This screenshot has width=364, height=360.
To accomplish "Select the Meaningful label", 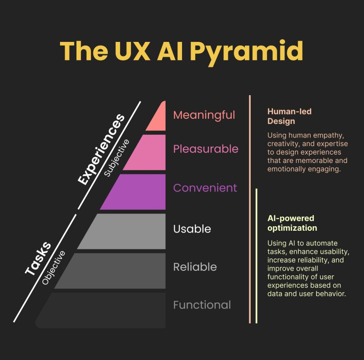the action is coord(204,115).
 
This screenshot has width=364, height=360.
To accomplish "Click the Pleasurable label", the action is coord(205,149).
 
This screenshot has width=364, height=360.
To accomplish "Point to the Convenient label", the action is coord(205,188).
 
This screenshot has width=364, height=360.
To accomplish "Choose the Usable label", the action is coord(192,228).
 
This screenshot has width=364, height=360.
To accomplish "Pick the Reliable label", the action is coord(195,267).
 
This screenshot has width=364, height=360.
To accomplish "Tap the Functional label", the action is coord(202,305).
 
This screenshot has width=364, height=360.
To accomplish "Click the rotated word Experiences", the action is coord(101,150).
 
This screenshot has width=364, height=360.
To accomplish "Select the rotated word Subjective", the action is coord(117,157).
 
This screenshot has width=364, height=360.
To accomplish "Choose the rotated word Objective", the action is coord(54,267).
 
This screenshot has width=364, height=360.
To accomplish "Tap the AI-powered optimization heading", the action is coord(292,223).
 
